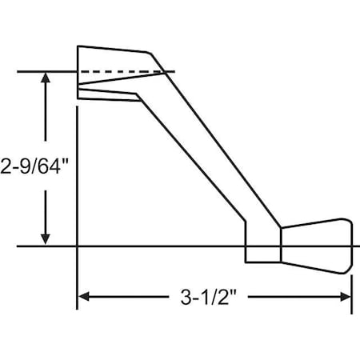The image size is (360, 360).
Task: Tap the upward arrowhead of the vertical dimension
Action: click(x=46, y=80)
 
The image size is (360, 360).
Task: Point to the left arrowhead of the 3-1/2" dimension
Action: click(x=84, y=297)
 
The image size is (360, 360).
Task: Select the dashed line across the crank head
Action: click(x=120, y=73)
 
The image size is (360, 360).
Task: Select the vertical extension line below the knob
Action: click(x=351, y=284)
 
